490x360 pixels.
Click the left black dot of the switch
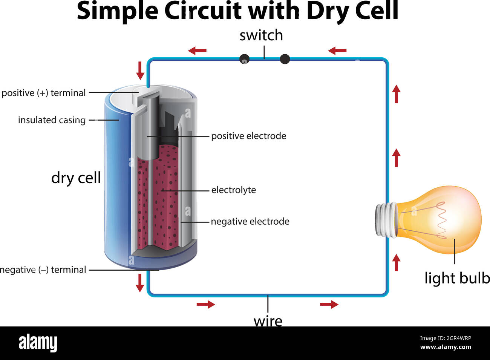coord(245,59)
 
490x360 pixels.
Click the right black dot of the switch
coord(285,59)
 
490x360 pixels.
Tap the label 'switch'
coord(261,35)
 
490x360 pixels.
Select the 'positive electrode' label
coord(248,136)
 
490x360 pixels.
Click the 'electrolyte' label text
coord(233,190)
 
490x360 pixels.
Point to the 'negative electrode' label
coord(250,221)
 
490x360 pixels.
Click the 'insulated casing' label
coord(52,120)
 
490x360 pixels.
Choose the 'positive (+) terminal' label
coord(44,93)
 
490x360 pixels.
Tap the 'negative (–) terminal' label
coord(43,270)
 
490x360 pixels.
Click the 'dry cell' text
coord(76,178)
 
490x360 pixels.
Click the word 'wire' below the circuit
coord(268,321)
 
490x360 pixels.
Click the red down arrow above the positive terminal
coord(140,70)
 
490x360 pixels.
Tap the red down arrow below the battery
coord(140,283)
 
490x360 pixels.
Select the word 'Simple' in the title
coord(117,11)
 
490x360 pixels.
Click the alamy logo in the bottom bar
coord(38,343)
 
